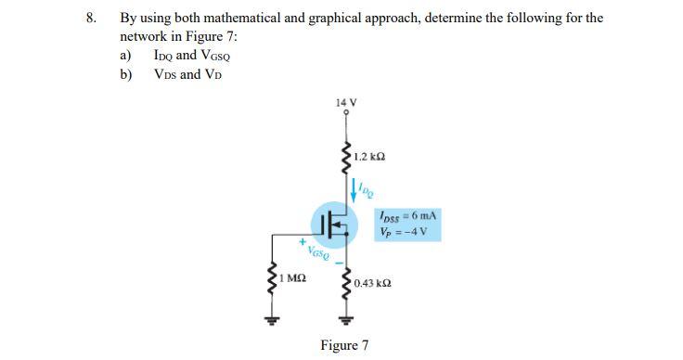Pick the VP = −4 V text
[403, 231]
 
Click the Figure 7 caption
[344, 345]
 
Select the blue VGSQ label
[318, 251]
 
